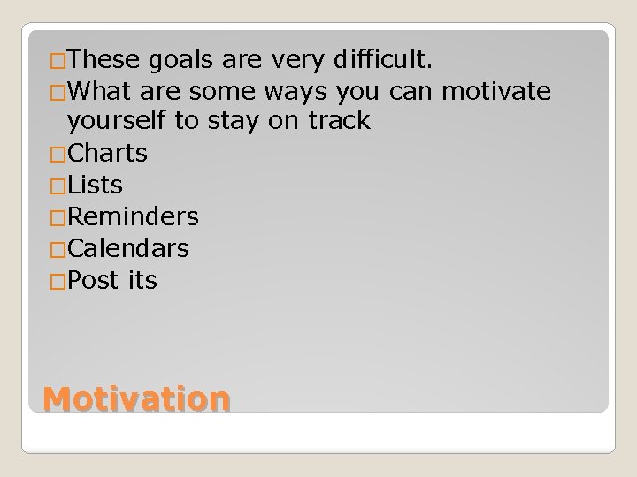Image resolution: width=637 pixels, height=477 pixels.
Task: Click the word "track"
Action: pyautogui.click(x=339, y=121)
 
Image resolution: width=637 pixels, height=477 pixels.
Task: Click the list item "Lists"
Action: pyautogui.click(x=95, y=185)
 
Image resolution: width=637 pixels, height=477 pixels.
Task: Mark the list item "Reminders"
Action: pyautogui.click(x=133, y=216)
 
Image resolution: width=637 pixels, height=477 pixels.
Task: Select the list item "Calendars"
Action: pyautogui.click(x=128, y=248)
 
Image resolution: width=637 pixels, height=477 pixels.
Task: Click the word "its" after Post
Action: pyautogui.click(x=142, y=280)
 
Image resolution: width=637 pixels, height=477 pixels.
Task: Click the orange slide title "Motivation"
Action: pyautogui.click(x=137, y=398)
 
